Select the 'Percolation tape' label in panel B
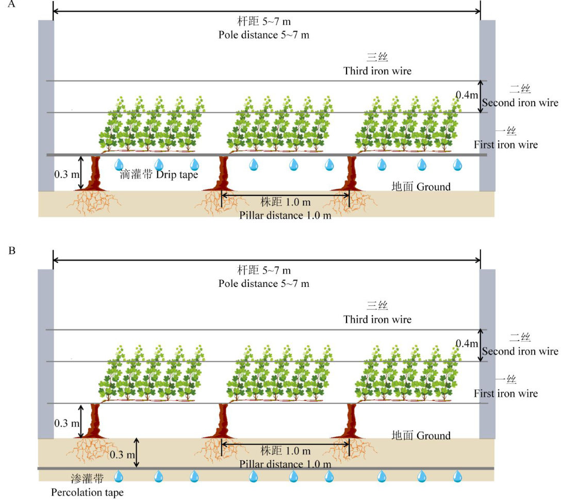(87, 492)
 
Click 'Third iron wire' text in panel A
(377, 71)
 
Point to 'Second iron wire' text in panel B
(520, 351)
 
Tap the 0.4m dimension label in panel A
(467, 94)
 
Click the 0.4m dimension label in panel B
(467, 343)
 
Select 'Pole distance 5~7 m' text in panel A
(263, 35)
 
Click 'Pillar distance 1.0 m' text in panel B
(285, 464)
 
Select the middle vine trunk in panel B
(224, 421)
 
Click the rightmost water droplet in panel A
(457, 165)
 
